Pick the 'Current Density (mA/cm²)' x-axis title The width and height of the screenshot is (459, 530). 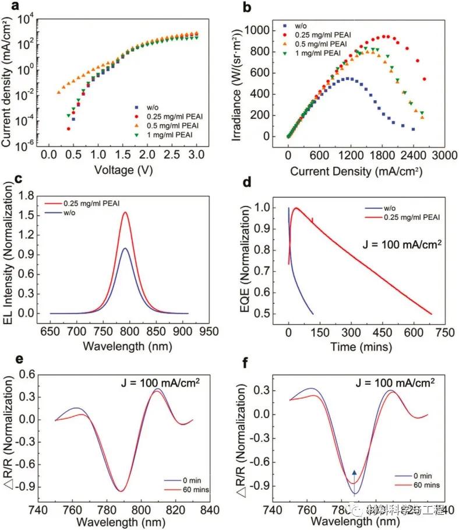point(356,171)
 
